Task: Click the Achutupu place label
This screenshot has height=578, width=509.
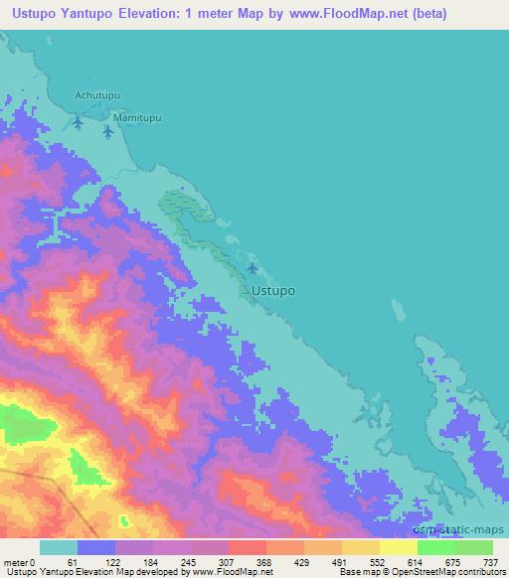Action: click(97, 95)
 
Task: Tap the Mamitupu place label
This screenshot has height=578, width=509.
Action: click(137, 117)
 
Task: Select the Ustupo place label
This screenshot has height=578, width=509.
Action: click(273, 292)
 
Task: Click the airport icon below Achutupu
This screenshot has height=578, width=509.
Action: click(79, 122)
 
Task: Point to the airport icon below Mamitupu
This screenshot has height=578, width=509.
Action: click(108, 131)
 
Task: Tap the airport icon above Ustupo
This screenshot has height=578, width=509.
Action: click(252, 269)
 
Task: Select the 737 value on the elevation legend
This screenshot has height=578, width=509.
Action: click(492, 561)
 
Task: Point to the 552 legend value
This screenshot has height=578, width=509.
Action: click(377, 561)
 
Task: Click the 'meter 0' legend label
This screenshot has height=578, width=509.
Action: click(20, 561)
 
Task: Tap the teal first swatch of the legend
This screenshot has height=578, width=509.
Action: click(59, 547)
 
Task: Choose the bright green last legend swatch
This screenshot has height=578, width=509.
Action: click(473, 547)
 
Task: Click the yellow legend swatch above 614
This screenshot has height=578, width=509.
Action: click(398, 547)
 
